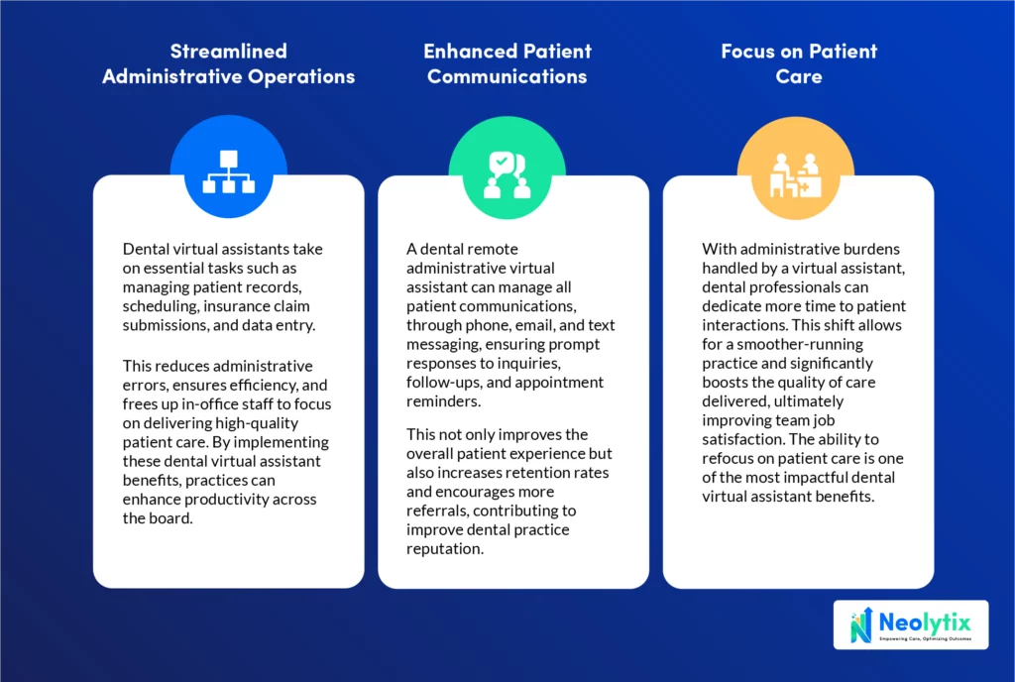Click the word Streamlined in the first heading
point(229,52)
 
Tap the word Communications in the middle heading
point(507,76)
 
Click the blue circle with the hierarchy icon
point(229,167)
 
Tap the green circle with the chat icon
point(507,168)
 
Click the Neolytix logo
point(911,625)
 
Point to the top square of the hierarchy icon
point(229,160)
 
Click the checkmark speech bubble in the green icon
point(500,162)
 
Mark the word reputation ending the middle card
point(445,549)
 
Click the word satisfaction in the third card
point(743,439)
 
